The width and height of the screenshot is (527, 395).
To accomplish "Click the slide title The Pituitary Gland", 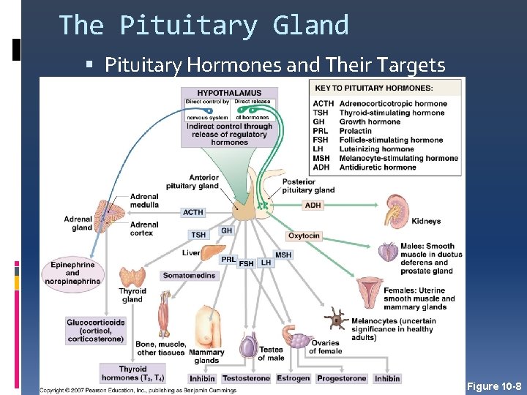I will [x=203, y=26].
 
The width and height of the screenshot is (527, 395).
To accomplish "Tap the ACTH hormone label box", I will [x=193, y=212].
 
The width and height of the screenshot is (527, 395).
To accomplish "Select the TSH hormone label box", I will [x=198, y=235].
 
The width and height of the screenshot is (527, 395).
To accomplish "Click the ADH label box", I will [x=313, y=206].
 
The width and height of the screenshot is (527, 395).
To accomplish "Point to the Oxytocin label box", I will [x=304, y=236].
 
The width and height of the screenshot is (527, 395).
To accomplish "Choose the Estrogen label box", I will [x=294, y=378].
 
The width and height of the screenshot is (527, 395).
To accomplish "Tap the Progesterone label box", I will [x=342, y=378].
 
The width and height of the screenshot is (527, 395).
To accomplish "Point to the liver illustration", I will [x=211, y=252].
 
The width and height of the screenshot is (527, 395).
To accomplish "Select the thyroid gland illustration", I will [x=132, y=277].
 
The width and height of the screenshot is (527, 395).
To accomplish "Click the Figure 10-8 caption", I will [x=494, y=386].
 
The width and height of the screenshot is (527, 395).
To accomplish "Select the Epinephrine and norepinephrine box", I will [x=72, y=273].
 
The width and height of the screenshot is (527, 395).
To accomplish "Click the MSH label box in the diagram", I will [x=283, y=255].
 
